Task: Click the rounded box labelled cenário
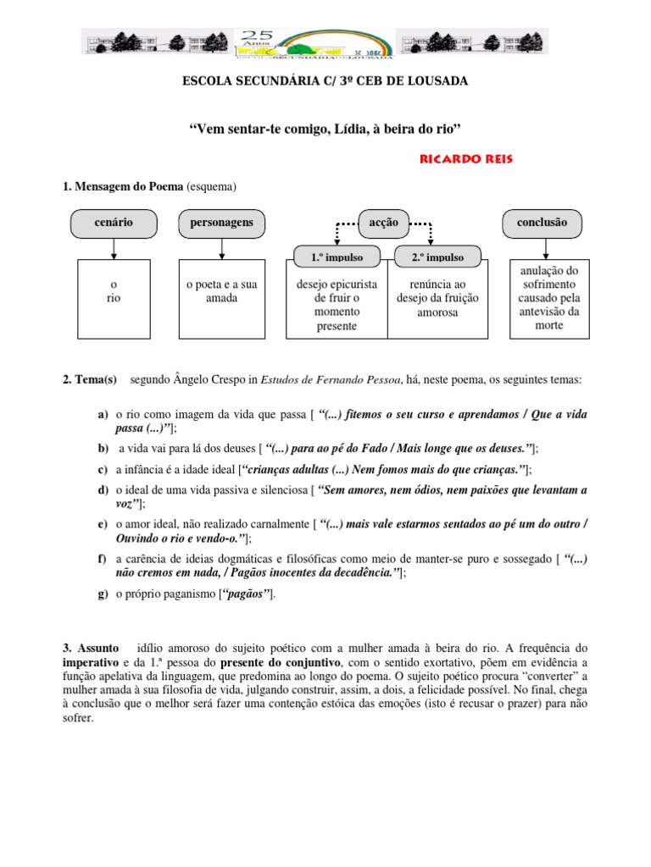coord(114,223)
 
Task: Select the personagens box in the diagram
coord(221,223)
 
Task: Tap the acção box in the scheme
coord(384,223)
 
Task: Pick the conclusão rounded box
coord(542,223)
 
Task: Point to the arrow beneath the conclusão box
coord(542,248)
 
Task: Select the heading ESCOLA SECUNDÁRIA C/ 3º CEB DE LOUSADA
coord(325,80)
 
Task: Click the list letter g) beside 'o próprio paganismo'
coord(103,594)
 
